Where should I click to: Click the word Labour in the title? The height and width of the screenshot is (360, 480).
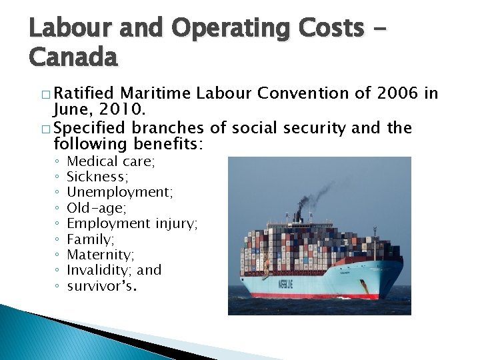[63, 27]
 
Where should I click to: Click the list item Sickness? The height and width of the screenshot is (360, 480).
[97, 177]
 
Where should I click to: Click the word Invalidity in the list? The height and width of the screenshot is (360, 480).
[99, 270]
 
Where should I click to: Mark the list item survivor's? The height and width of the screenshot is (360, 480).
[102, 286]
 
